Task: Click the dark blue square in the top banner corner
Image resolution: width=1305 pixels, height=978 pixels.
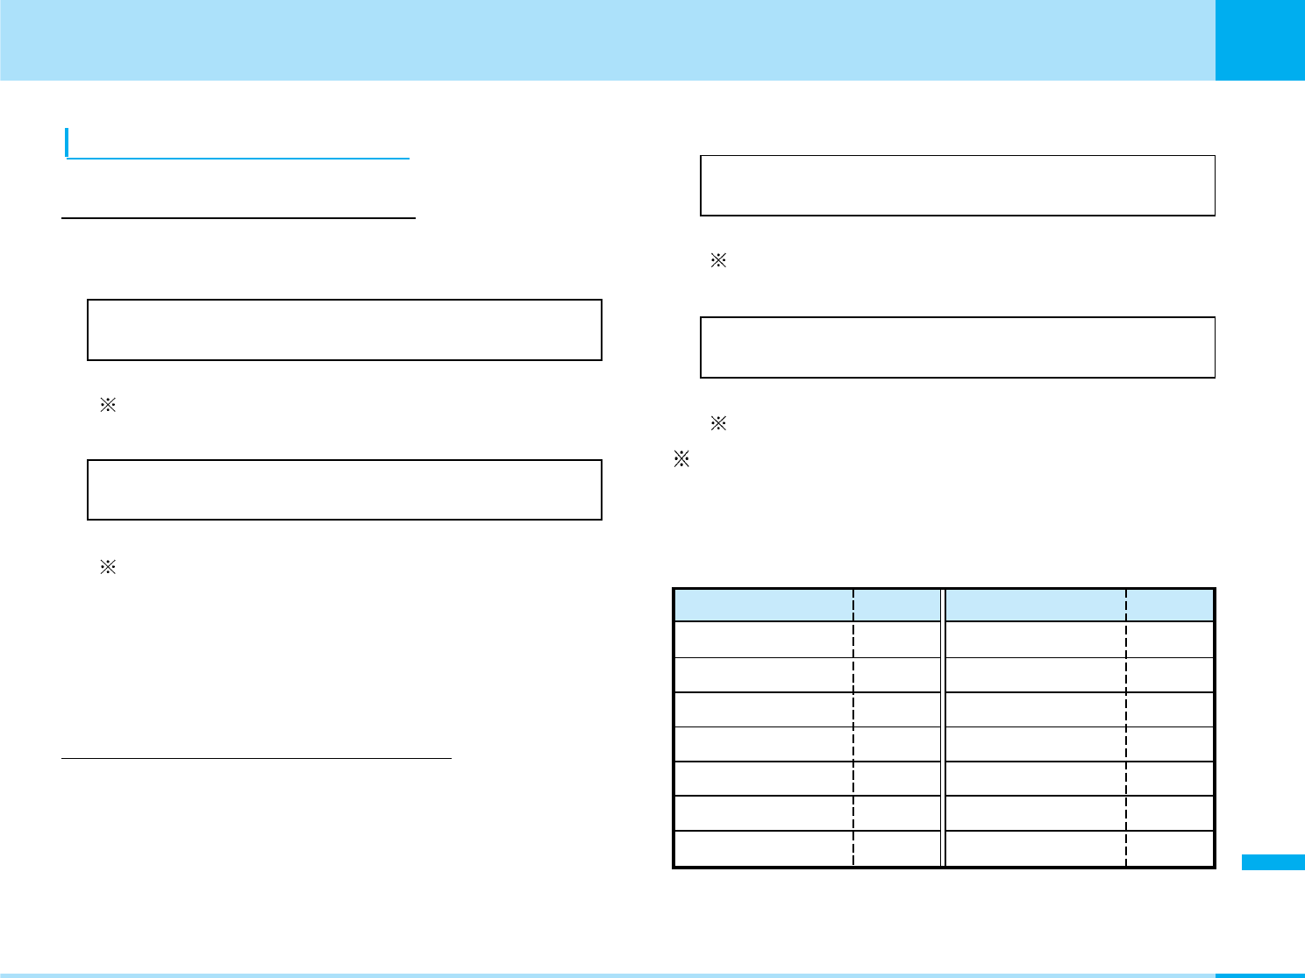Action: click(x=1259, y=39)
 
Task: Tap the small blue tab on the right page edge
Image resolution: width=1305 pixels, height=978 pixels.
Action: click(x=1273, y=862)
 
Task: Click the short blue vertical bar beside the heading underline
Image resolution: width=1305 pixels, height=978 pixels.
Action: click(x=67, y=143)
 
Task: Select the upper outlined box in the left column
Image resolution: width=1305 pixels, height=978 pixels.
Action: click(x=344, y=330)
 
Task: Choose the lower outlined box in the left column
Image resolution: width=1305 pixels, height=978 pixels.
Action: click(x=344, y=490)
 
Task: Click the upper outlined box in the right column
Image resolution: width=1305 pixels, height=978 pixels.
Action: click(x=957, y=185)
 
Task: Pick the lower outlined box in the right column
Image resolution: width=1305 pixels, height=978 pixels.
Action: click(x=957, y=347)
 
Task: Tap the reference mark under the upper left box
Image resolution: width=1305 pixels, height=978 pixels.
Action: click(x=108, y=406)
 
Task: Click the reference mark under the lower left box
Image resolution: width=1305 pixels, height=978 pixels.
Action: click(x=108, y=567)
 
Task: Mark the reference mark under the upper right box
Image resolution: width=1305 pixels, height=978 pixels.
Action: click(x=718, y=260)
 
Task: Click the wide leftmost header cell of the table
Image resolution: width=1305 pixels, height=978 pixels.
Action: click(x=764, y=605)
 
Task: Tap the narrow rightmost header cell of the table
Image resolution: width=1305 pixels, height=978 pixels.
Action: click(x=1170, y=605)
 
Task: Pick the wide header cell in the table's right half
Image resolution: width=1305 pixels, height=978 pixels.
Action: click(x=1036, y=605)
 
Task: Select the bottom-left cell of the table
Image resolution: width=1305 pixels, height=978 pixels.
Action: click(x=764, y=848)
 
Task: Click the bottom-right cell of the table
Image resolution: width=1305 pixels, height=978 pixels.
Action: click(x=1170, y=848)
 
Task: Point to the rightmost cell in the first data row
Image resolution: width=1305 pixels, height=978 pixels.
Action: click(x=1170, y=640)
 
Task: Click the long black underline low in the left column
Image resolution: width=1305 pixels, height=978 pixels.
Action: click(x=256, y=758)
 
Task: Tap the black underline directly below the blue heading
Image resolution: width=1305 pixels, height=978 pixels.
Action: click(x=239, y=218)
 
